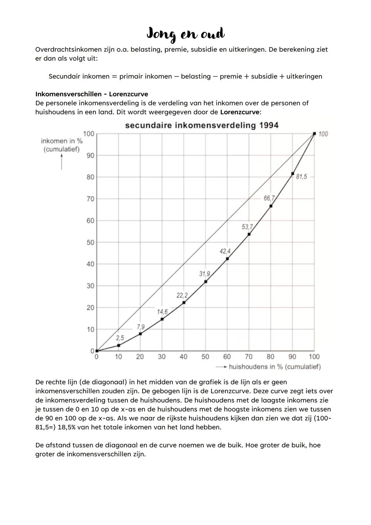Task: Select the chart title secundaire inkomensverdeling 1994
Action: [x=202, y=125]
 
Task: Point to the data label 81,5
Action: [x=301, y=177]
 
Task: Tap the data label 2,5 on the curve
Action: [x=120, y=338]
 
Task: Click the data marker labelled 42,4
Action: [x=227, y=259]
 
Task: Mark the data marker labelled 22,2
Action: [x=184, y=303]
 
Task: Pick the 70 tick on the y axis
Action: [x=90, y=199]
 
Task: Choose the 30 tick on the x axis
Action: [x=162, y=357]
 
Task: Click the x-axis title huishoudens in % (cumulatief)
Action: [x=274, y=367]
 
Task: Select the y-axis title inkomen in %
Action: [x=62, y=141]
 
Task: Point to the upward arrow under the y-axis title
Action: [x=62, y=162]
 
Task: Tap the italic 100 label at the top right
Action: [x=323, y=134]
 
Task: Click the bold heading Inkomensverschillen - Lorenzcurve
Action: [x=92, y=94]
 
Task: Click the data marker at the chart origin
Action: [x=97, y=351]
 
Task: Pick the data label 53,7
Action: [x=247, y=227]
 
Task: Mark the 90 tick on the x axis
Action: [x=292, y=357]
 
